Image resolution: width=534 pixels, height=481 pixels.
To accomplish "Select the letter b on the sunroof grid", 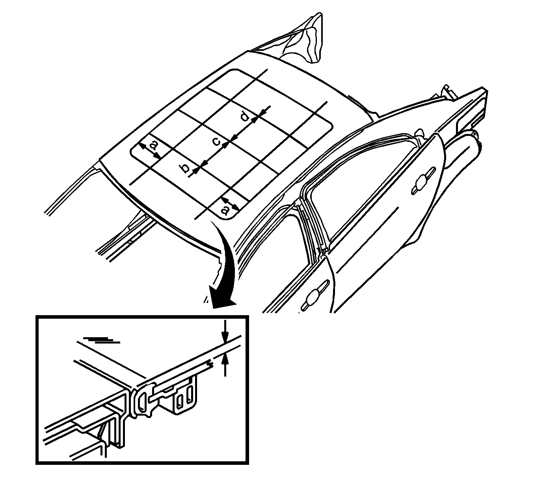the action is (185, 168).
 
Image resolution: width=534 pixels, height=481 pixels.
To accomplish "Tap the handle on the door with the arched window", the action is (423, 181).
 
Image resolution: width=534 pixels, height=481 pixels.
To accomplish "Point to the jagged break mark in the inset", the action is (211, 364).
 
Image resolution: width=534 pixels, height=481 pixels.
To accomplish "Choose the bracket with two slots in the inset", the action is (184, 397).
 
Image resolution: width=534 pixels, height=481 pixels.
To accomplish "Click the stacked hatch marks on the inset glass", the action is (101, 340).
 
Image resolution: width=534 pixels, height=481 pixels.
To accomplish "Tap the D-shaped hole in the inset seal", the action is (142, 401).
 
